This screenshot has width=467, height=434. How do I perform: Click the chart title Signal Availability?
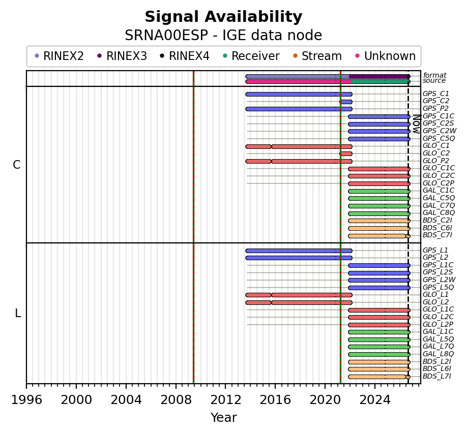223,17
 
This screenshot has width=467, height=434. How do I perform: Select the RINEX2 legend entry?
60,56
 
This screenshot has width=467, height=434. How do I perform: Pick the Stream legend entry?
317,56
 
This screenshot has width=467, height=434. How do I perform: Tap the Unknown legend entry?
386,56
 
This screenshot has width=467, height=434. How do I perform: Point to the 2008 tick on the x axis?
176,386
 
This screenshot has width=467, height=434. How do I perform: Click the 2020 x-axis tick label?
325,400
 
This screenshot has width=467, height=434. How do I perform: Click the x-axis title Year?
224,418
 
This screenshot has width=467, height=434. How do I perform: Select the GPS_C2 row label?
436,101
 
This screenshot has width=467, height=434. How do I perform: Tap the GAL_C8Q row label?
439,213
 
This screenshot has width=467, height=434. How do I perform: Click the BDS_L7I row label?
437,376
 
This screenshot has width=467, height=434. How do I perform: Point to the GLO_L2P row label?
438,324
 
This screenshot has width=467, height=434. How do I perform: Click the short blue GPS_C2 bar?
346,102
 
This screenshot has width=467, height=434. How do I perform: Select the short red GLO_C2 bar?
346,154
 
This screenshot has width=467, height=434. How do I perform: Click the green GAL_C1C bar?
379,191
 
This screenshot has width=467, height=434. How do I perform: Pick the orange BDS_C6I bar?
379,229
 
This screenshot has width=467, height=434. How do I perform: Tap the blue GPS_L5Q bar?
379,288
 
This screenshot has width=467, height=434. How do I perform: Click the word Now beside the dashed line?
416,123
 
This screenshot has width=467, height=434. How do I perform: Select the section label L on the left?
18,313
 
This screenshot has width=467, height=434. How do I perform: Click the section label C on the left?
17,165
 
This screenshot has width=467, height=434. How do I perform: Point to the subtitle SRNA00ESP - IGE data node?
223,36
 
